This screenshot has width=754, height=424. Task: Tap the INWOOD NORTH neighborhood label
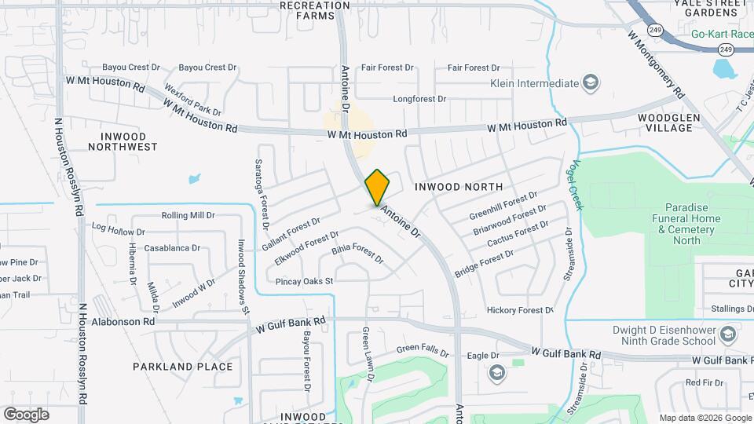458,187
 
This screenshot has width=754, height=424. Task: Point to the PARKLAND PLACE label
183,367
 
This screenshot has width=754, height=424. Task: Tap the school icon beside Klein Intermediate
590,83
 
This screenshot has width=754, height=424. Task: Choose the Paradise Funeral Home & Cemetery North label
679,224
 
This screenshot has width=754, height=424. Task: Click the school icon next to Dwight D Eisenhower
727,334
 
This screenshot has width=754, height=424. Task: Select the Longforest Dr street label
419,100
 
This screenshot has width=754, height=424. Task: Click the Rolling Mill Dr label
188,215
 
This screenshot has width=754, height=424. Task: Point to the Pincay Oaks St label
305,281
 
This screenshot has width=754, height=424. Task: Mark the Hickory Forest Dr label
520,310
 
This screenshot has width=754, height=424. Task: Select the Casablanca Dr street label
172,248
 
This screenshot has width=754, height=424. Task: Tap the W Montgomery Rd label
657,64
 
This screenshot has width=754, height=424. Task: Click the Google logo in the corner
27,414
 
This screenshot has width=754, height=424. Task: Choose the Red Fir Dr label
703,382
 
